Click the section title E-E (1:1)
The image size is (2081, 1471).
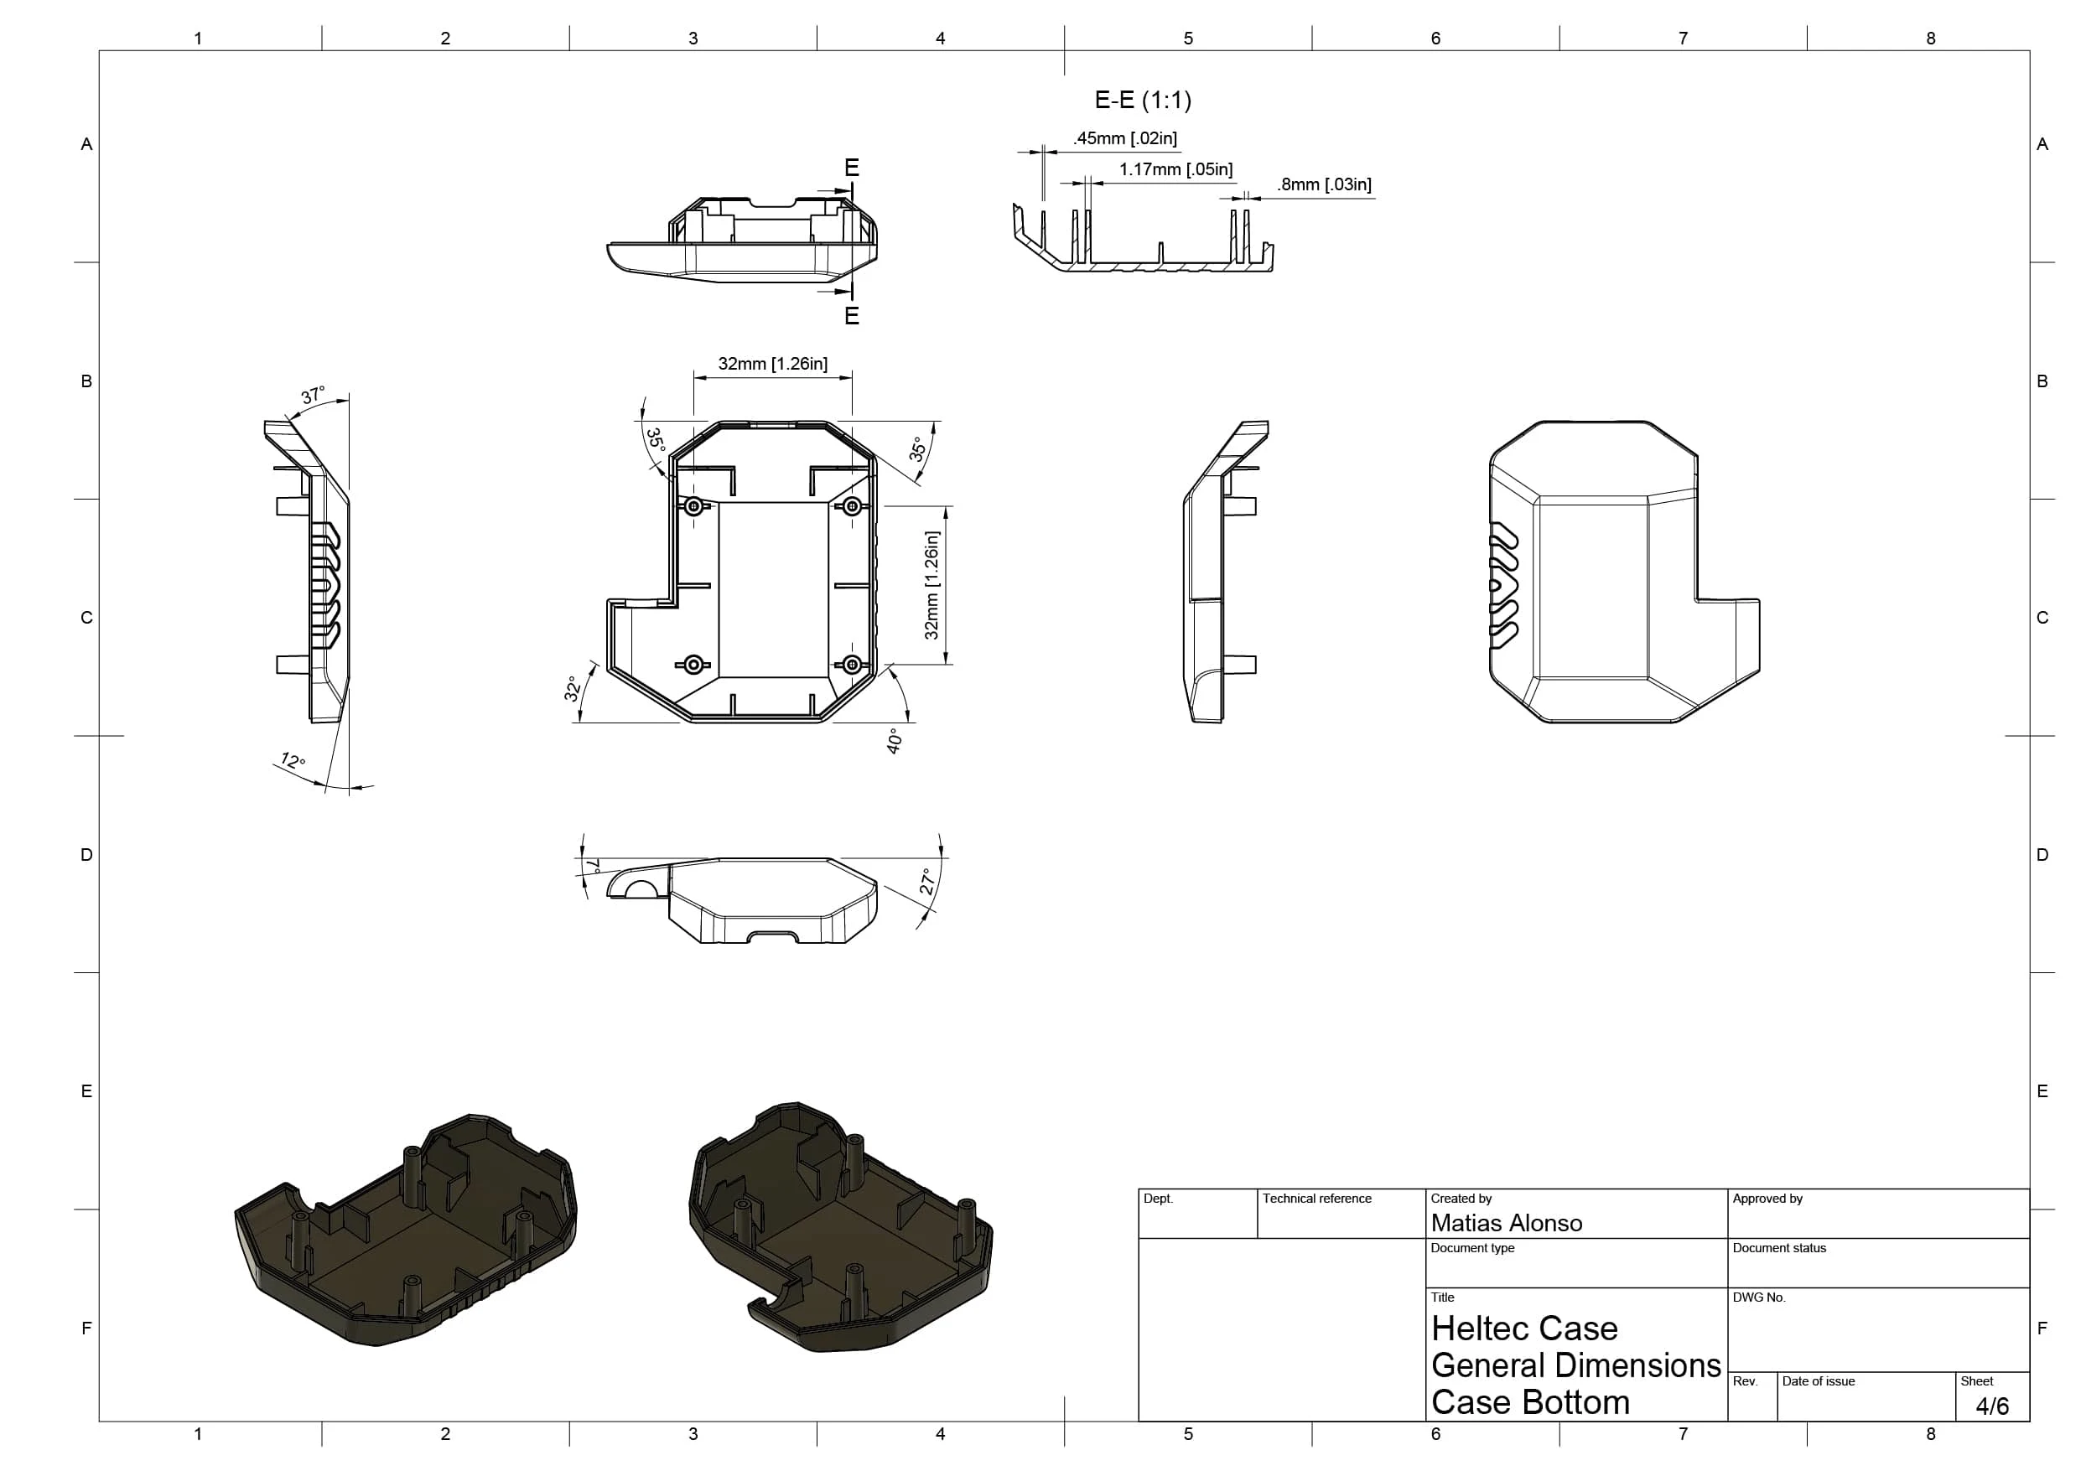pos(1143,100)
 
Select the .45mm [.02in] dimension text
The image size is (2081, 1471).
pos(1125,138)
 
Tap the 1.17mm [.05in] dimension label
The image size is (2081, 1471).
pos(1175,169)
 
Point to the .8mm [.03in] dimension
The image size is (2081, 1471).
pos(1324,185)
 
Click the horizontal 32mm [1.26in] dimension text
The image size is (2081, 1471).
pos(772,364)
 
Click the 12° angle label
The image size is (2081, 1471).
pos(293,760)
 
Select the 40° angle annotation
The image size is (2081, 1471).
pos(895,740)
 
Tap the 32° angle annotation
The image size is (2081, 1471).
pos(572,689)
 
